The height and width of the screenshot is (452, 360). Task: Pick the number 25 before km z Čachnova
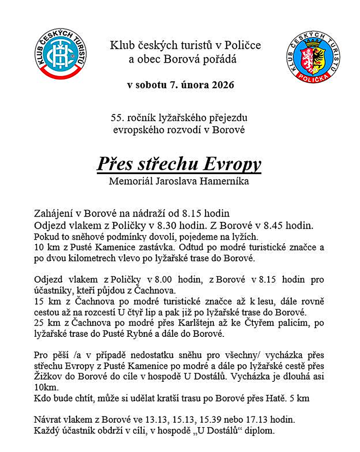[x=39, y=323]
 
